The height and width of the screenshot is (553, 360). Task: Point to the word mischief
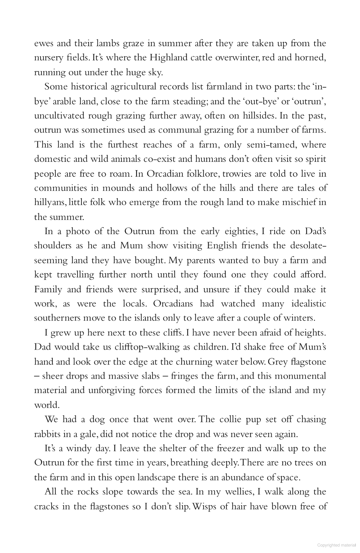(293, 202)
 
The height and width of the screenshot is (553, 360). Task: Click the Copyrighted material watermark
(336, 545)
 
